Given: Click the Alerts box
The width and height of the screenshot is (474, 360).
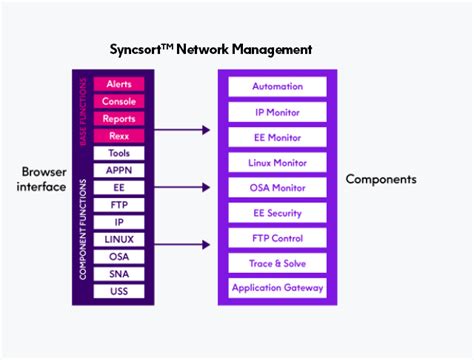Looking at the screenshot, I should (119, 84).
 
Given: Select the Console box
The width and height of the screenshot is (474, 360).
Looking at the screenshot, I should (119, 101).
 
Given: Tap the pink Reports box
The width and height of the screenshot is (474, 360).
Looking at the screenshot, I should (119, 119).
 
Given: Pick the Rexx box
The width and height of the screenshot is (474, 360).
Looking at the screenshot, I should (119, 136).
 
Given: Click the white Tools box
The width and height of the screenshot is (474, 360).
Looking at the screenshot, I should (119, 153).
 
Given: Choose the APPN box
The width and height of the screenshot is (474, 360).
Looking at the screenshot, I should (119, 170).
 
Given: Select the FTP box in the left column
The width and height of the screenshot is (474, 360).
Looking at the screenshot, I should (119, 205).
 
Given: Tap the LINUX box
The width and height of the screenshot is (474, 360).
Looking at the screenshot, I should (119, 239).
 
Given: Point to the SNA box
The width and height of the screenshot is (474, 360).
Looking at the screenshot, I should (119, 274).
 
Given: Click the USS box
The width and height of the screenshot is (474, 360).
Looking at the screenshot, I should (119, 291).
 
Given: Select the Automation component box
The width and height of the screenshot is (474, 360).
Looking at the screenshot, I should (277, 87).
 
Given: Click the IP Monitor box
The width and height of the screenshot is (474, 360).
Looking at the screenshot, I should (277, 112).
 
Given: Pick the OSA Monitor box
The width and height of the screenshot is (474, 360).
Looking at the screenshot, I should (277, 188).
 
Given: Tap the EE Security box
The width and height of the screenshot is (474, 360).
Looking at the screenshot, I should (277, 213).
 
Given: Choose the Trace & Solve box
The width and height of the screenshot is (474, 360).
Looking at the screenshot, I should (277, 263).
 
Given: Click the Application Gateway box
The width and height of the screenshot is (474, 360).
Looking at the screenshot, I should (277, 288).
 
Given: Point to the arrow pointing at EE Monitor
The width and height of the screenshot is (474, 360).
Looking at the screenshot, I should (180, 130).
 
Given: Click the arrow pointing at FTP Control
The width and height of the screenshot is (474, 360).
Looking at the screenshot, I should (180, 243).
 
